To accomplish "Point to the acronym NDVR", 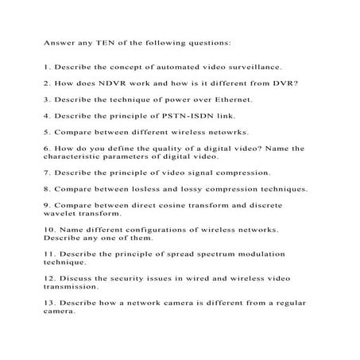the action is (x=107, y=83).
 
